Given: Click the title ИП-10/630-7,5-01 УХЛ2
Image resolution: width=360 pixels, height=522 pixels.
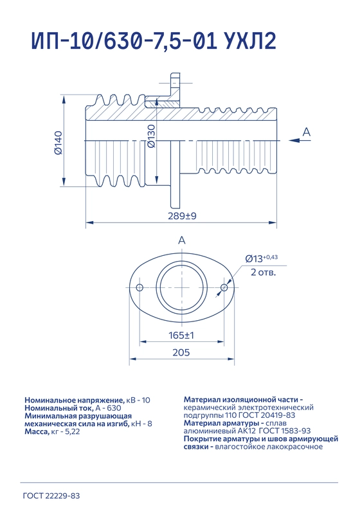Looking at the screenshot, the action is pos(154,41).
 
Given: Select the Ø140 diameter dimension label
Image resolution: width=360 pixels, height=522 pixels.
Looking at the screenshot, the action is pos(58,143).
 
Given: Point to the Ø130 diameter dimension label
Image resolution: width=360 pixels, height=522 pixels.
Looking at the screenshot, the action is pos(151,136).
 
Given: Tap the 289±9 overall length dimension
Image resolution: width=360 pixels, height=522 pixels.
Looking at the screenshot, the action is pos(182,216).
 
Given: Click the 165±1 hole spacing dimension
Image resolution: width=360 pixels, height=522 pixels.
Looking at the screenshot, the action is pos(181,335).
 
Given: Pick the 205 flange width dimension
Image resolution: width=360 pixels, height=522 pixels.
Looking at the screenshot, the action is pos(181,352).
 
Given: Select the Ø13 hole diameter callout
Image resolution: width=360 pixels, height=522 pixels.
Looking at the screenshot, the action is pos(262,258).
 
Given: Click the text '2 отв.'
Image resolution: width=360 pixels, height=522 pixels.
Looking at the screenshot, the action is pos(263,273).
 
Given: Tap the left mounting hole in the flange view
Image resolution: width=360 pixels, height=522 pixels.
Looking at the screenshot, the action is pos(139,287).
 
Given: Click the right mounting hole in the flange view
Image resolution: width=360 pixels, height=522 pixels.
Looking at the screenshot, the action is pos(224,287).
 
